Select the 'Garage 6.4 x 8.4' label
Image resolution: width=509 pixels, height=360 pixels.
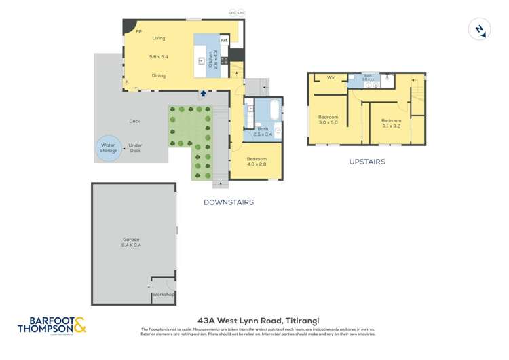point(132,242)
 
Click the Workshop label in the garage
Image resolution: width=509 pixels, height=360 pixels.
point(163,295)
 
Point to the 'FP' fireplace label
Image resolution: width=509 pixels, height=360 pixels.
point(138,31)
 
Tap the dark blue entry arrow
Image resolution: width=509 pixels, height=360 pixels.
point(203,93)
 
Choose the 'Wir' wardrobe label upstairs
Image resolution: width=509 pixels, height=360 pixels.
point(331,77)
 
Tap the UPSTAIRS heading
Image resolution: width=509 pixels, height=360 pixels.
point(367,162)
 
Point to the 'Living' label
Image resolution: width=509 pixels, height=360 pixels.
point(158,38)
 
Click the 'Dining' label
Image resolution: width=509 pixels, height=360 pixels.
point(158,75)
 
